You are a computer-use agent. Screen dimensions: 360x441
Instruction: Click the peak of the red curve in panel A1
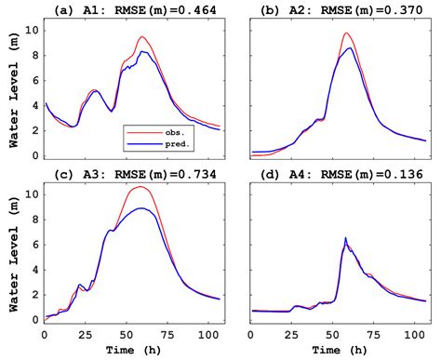click(x=141, y=37)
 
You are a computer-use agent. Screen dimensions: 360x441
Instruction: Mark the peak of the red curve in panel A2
click(x=346, y=33)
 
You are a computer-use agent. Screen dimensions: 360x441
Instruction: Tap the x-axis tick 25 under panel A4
click(x=294, y=333)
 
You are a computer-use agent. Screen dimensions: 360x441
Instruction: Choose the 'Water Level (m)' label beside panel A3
click(x=10, y=251)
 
